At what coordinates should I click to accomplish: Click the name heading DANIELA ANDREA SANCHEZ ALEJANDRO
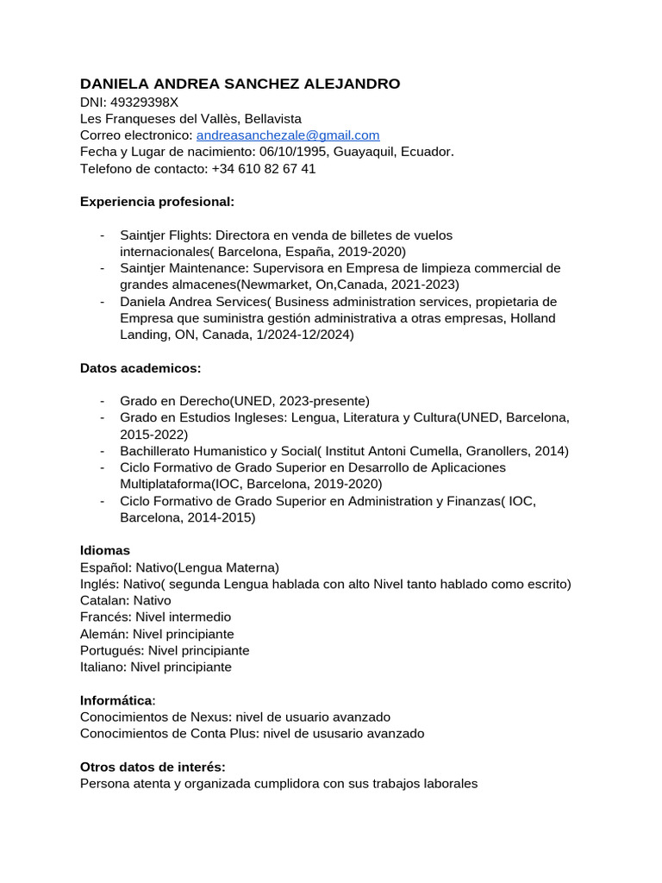click(240, 84)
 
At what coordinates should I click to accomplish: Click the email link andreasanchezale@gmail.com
click(288, 135)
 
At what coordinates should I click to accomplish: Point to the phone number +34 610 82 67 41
click(264, 169)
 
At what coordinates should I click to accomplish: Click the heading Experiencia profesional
click(157, 202)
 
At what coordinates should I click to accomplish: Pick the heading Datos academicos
click(141, 368)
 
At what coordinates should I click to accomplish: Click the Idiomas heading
click(105, 550)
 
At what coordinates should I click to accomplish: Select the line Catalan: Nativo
click(126, 600)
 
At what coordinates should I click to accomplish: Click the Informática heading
click(116, 700)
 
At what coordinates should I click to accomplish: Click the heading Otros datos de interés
click(153, 767)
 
